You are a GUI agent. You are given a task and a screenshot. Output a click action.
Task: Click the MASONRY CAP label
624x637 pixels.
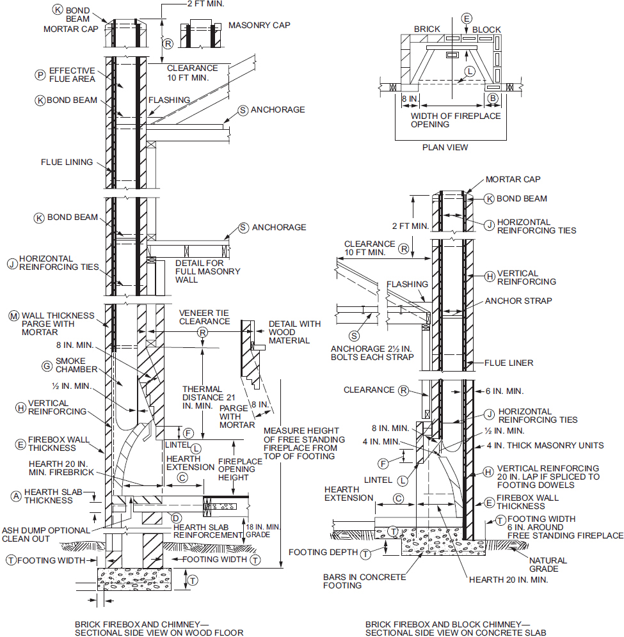pyautogui.click(x=259, y=25)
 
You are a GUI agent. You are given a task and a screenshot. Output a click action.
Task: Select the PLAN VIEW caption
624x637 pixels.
pyautogui.click(x=445, y=148)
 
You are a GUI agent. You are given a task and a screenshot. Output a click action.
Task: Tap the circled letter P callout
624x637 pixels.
pyautogui.click(x=40, y=75)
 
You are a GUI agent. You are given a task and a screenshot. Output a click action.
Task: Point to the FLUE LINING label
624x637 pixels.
pyautogui.click(x=67, y=162)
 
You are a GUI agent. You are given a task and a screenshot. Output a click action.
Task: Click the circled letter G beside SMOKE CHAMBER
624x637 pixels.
pyautogui.click(x=47, y=366)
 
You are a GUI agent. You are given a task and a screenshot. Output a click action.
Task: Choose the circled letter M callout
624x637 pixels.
pyautogui.click(x=14, y=316)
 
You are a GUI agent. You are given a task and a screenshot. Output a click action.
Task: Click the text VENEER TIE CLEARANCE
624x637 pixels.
pyautogui.click(x=204, y=317)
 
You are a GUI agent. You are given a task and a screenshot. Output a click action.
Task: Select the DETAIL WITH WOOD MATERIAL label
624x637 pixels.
pyautogui.click(x=295, y=333)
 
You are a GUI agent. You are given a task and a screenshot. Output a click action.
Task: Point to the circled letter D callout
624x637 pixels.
pyautogui.click(x=176, y=518)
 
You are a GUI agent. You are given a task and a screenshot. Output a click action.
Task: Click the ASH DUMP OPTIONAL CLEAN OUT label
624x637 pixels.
pyautogui.click(x=46, y=535)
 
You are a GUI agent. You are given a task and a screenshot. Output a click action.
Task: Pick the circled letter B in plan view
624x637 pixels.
pyautogui.click(x=493, y=98)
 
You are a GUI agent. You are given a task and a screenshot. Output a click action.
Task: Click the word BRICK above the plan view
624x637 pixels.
pyautogui.click(x=427, y=29)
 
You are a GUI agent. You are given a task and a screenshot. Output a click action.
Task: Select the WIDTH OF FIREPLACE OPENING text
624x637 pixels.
pyautogui.click(x=456, y=120)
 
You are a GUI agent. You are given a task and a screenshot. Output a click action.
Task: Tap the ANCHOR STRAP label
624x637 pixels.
pyautogui.click(x=518, y=301)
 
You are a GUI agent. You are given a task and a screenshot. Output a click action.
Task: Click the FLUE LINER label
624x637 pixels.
pyautogui.click(x=509, y=363)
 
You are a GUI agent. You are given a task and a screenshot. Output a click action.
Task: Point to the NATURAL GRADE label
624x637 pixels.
pyautogui.click(x=548, y=565)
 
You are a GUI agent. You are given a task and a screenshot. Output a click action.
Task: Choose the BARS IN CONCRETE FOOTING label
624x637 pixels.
pyautogui.click(x=364, y=581)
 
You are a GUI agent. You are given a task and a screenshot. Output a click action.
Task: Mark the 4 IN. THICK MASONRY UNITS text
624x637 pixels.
pyautogui.click(x=545, y=446)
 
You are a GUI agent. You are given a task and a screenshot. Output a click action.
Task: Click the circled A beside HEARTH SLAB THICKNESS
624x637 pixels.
pyautogui.click(x=16, y=496)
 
